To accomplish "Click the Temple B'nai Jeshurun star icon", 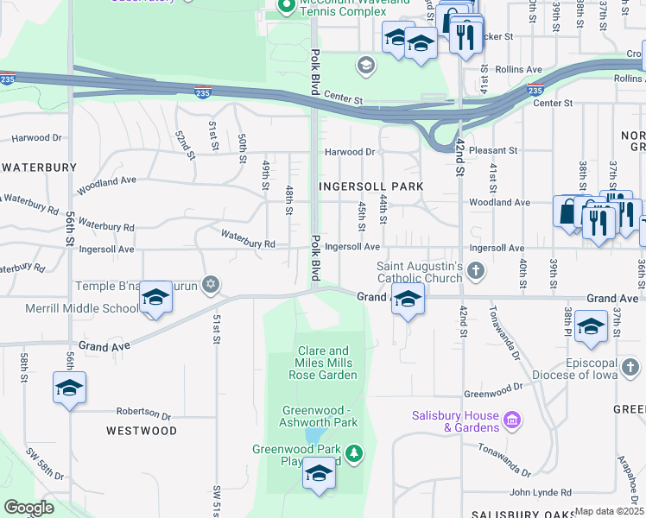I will pyautogui.click(x=210, y=283).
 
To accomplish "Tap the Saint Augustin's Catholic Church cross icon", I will pyautogui.click(x=475, y=273).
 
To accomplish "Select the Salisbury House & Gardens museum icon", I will pyautogui.click(x=512, y=420).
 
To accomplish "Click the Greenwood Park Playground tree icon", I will pyautogui.click(x=353, y=452).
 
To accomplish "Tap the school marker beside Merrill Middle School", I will pyautogui.click(x=155, y=298).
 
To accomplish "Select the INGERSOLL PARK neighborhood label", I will pyautogui.click(x=370, y=186).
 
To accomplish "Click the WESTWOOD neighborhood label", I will pyautogui.click(x=142, y=430).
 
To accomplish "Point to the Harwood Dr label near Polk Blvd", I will pyautogui.click(x=350, y=152).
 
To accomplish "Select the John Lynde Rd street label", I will pyautogui.click(x=540, y=493).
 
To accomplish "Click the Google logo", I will pyautogui.click(x=28, y=508).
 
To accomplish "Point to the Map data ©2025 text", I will pyautogui.click(x=609, y=511).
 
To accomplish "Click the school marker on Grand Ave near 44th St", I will pyautogui.click(x=408, y=301).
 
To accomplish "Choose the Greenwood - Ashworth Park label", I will pyautogui.click(x=318, y=416).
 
